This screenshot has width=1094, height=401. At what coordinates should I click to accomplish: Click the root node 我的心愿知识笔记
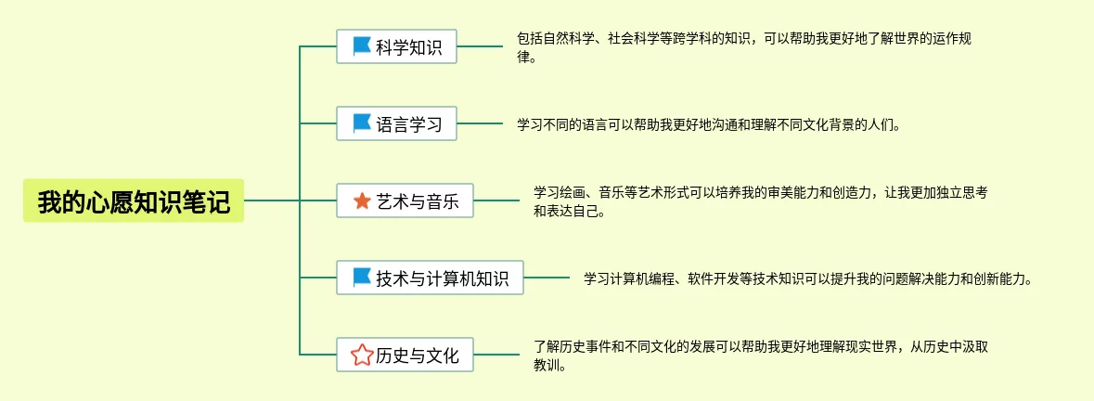click(134, 200)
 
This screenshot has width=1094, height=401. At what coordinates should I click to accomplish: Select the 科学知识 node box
click(396, 45)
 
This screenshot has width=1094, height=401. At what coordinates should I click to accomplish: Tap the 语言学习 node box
click(396, 123)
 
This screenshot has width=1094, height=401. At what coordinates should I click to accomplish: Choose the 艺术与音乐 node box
click(405, 200)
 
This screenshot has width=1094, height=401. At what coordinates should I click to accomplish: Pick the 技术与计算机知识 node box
click(430, 278)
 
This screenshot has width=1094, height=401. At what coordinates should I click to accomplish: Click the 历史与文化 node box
click(405, 355)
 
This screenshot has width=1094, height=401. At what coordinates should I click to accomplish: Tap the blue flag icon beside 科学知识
click(362, 45)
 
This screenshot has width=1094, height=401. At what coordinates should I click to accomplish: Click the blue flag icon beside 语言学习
click(362, 123)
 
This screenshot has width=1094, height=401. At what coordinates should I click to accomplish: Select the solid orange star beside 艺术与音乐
click(362, 200)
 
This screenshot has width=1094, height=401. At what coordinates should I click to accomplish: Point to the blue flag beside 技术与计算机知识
click(362, 278)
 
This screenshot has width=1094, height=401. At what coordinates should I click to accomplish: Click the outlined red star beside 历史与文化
click(361, 355)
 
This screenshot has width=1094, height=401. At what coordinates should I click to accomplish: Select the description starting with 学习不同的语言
click(708, 123)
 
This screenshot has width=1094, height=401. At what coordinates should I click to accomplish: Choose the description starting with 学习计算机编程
click(807, 278)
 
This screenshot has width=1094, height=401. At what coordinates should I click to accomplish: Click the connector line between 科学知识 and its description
click(480, 45)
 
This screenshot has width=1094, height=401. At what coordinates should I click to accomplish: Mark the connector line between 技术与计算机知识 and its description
click(547, 278)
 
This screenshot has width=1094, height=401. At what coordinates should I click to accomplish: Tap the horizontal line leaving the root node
click(271, 200)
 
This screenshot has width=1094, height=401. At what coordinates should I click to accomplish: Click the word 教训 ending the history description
click(548, 365)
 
